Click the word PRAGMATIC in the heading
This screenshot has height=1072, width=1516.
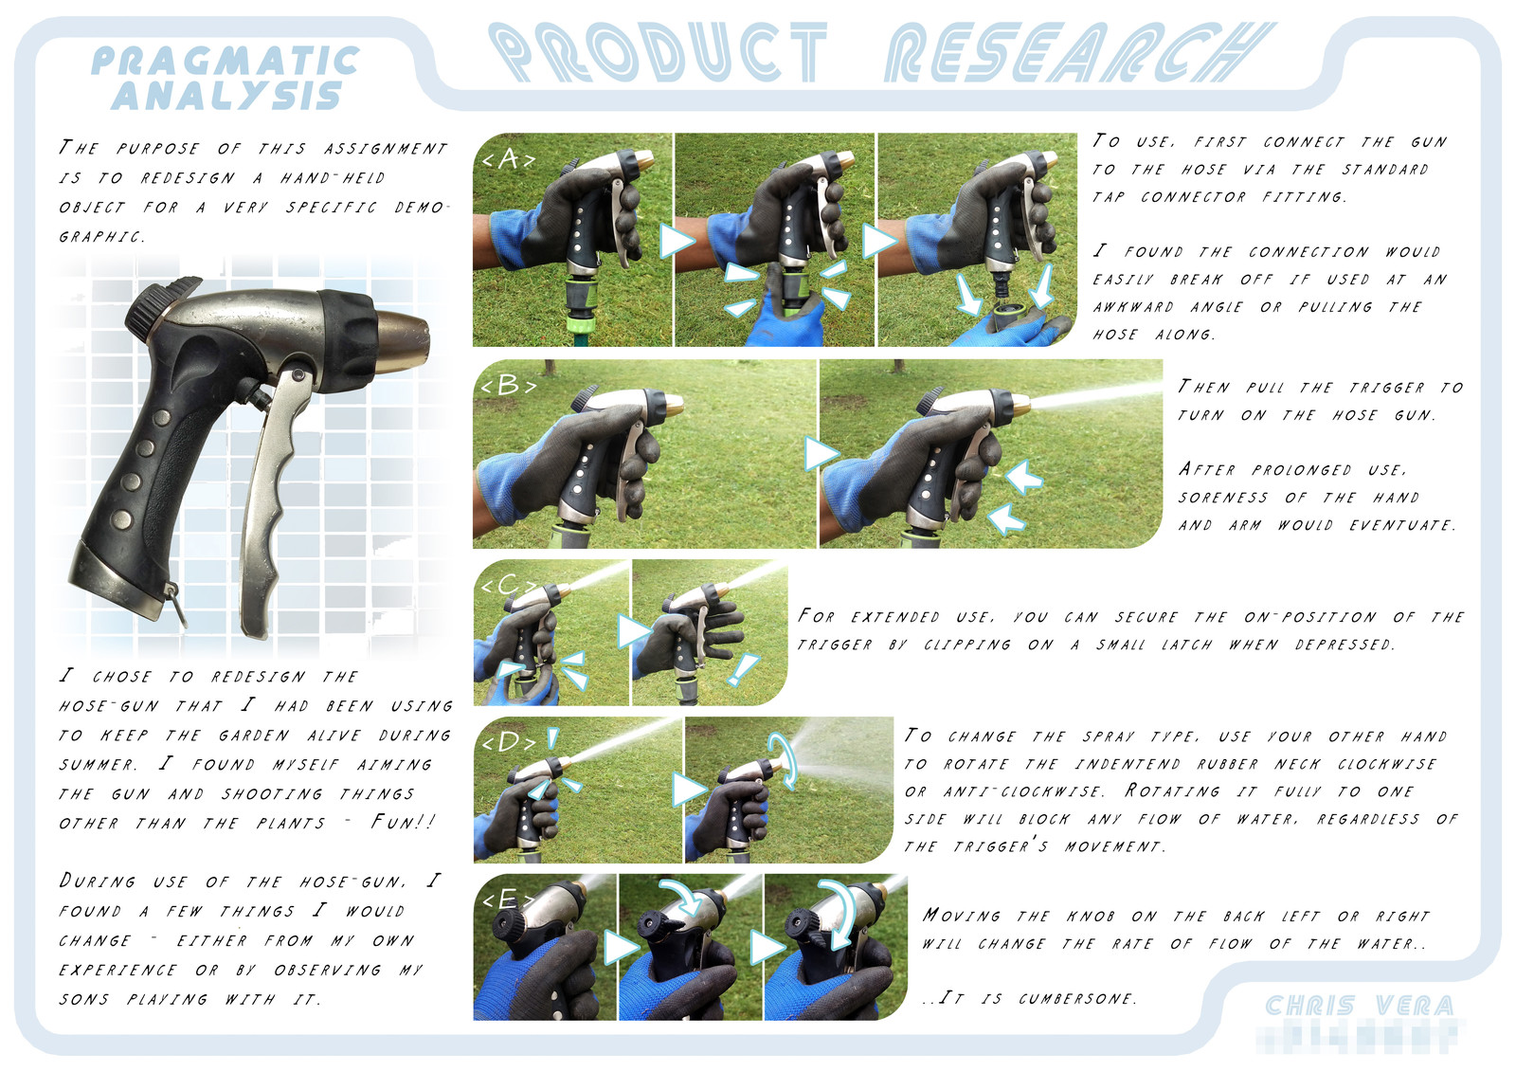(x=225, y=61)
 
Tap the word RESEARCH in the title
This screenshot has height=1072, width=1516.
(x=1079, y=52)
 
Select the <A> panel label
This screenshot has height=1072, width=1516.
(x=508, y=159)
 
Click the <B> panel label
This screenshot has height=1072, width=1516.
(x=508, y=386)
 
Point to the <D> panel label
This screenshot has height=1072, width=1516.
(x=508, y=743)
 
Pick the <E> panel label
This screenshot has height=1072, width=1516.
(x=508, y=900)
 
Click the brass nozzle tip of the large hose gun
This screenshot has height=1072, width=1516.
(x=402, y=343)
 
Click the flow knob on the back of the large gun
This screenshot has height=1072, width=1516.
(x=154, y=305)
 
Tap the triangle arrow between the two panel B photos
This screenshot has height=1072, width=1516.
(x=821, y=454)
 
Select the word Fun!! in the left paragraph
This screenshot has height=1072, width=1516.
(x=402, y=822)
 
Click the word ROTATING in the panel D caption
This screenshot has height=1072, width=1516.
(x=1173, y=790)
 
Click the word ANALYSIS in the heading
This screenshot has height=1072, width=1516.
(x=226, y=95)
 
